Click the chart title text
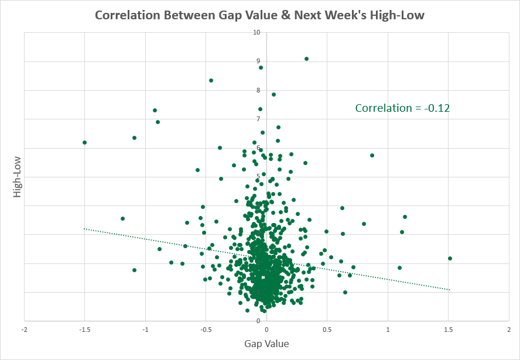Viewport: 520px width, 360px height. pos(260,15)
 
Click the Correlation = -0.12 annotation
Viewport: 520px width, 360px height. pos(402,108)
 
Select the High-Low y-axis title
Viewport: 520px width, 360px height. pos(17,176)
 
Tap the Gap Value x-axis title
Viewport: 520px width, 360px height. pos(266,344)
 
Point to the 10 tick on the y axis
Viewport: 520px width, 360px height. pos(256,32)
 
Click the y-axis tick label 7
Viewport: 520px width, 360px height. pos(258,119)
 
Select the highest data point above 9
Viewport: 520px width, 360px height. pos(306,59)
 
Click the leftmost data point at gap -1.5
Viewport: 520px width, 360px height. pos(85,142)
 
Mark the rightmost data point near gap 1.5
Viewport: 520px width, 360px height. pos(450,258)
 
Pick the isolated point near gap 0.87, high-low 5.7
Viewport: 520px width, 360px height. pos(372,155)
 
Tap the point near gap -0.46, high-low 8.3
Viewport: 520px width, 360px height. pos(211,80)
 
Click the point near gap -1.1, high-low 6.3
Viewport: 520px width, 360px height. pos(134,138)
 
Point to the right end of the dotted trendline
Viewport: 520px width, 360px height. pos(449,290)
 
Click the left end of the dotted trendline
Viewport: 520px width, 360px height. pos(85,228)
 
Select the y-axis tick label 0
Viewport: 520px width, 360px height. pos(258,321)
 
